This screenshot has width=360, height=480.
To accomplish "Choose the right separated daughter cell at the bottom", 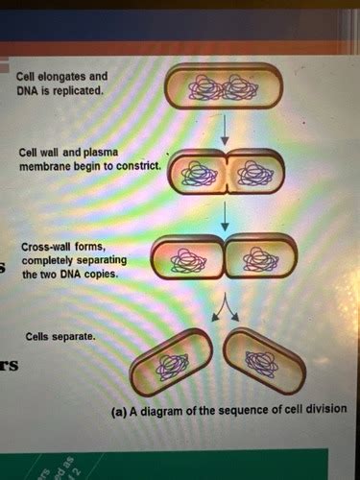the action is pyautogui.click(x=263, y=361).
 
